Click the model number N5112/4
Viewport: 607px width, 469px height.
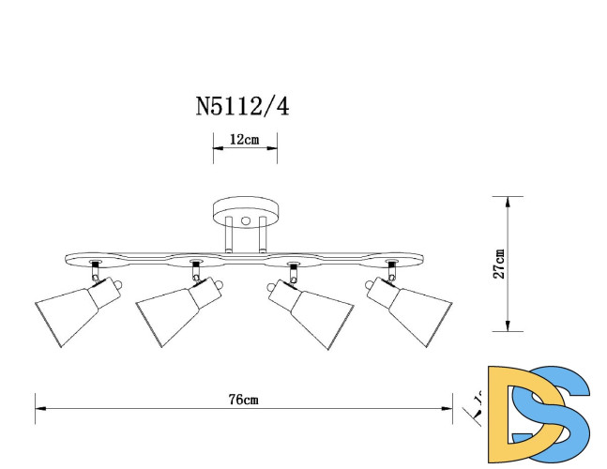(x=242, y=105)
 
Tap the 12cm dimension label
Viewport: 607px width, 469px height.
(x=244, y=140)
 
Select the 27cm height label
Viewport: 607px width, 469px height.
(x=499, y=264)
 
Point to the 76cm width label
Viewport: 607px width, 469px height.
(x=243, y=399)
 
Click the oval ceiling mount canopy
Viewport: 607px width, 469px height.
(x=245, y=210)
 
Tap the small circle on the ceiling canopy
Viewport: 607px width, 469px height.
(x=245, y=221)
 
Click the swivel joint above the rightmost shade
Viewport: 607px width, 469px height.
(x=390, y=274)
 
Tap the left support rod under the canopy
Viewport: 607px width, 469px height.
(x=227, y=236)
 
